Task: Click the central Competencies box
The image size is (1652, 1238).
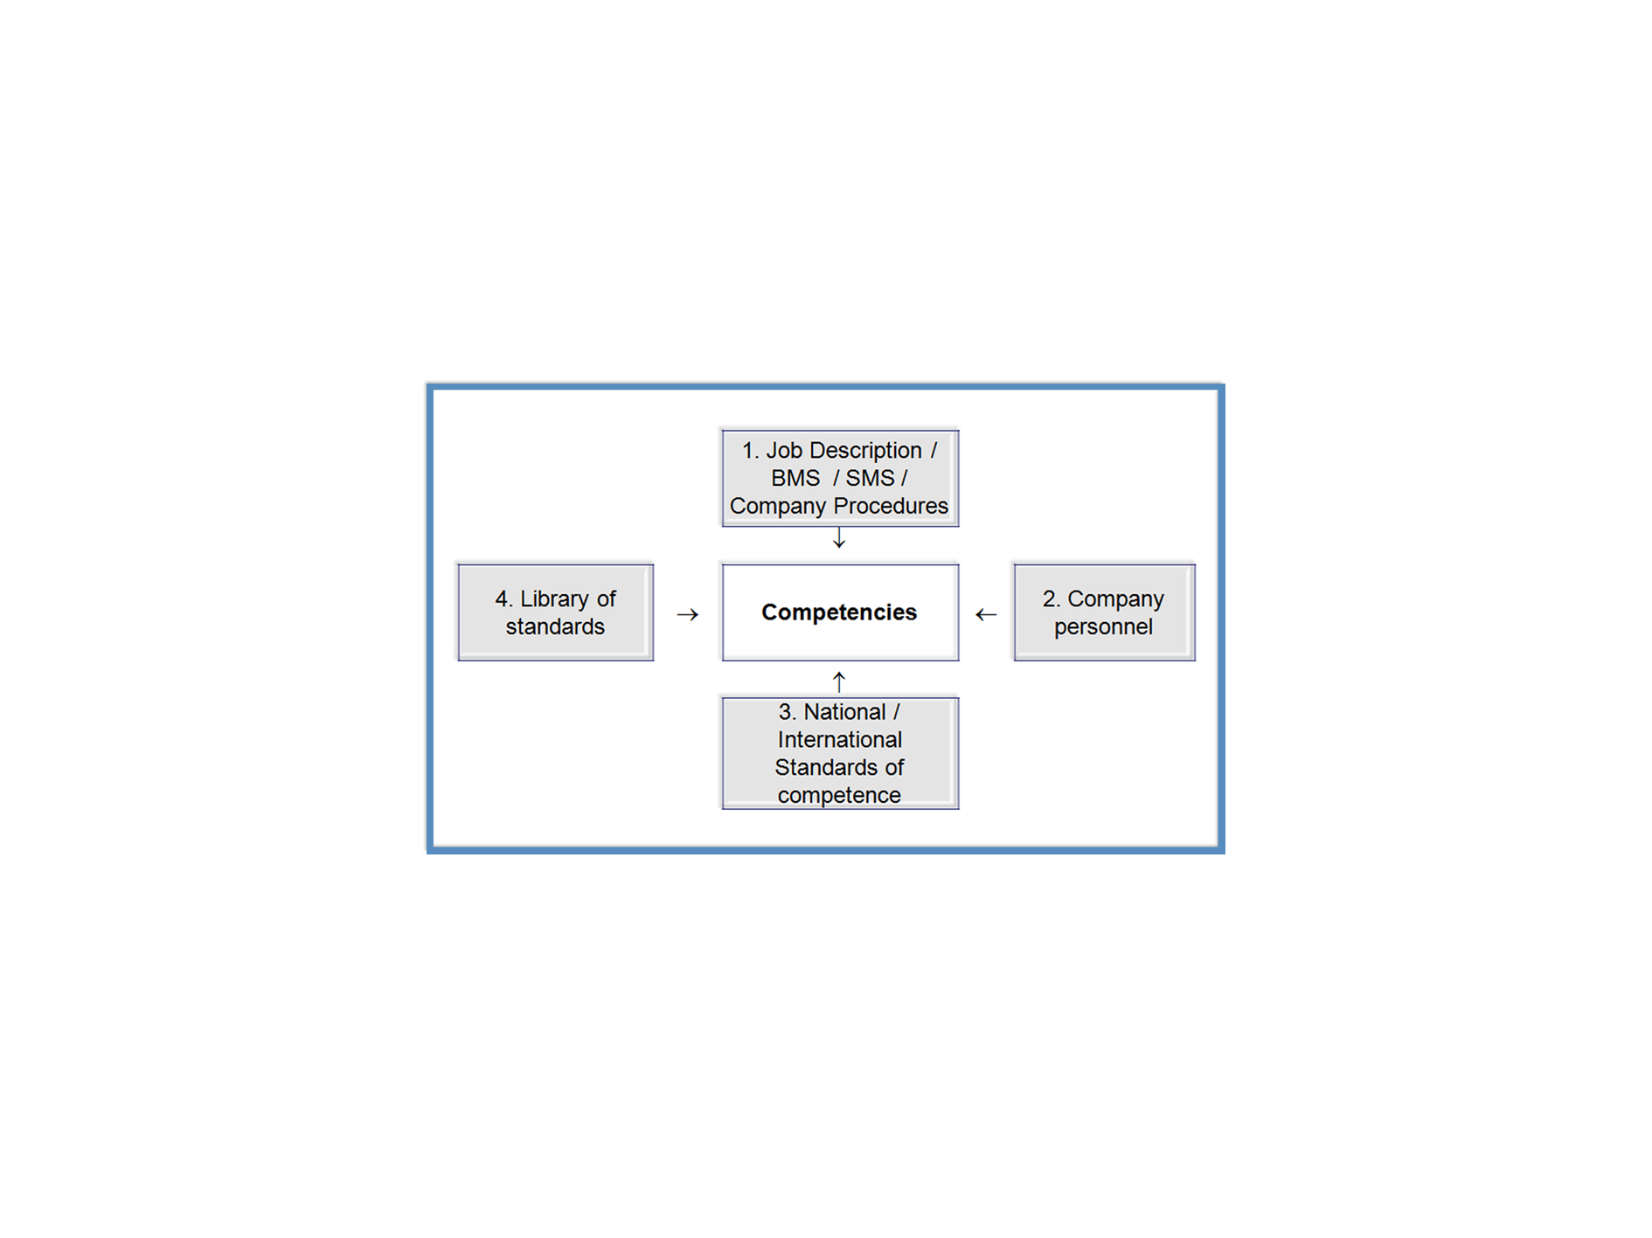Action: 839,612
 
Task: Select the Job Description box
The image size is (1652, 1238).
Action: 839,478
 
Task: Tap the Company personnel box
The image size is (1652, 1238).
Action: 1103,612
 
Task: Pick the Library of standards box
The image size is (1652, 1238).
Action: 555,612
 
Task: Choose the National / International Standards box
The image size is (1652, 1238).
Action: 839,753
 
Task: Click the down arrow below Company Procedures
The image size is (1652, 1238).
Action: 839,538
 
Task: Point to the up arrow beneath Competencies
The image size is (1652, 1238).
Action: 839,681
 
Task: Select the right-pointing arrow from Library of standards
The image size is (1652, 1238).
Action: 688,615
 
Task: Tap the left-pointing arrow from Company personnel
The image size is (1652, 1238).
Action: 986,615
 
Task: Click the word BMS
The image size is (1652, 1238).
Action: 795,479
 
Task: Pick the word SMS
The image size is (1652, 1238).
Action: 870,479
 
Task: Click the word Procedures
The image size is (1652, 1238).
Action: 890,507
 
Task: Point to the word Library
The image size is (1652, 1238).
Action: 555,599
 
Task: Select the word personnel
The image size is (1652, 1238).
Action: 1103,627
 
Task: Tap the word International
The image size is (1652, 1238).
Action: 839,740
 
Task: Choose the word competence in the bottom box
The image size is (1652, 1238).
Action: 839,796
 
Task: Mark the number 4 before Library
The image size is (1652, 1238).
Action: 502,599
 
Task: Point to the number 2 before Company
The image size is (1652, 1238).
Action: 1050,599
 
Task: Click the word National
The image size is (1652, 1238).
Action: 844,712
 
